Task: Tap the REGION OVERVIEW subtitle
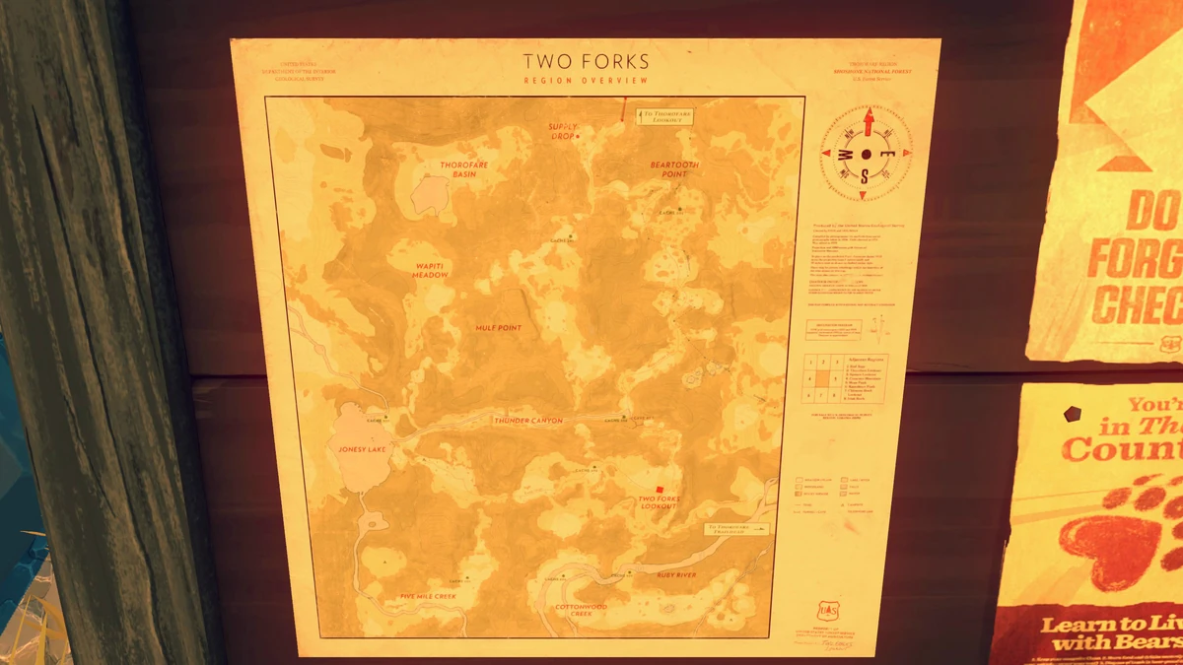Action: pos(586,81)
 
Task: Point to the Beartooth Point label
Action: pos(674,169)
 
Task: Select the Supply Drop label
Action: pos(564,131)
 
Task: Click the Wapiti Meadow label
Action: pos(430,270)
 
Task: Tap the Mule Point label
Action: pos(498,328)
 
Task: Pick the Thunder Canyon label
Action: pos(528,421)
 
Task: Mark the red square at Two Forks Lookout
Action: pos(659,489)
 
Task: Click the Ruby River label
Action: pos(676,574)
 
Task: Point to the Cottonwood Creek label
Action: pos(581,610)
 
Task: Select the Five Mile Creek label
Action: pos(428,597)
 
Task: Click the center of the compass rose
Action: pos(867,155)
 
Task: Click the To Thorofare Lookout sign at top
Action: pos(665,116)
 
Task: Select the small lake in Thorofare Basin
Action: pos(430,195)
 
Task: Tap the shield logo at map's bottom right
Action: pos(826,612)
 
